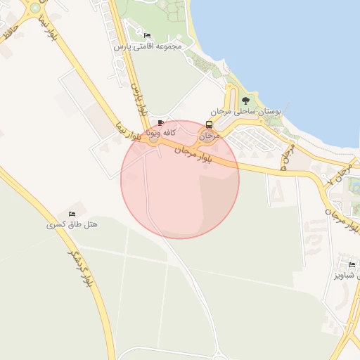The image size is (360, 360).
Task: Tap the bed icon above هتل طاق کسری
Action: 72,214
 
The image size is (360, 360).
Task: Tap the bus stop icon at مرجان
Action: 209,124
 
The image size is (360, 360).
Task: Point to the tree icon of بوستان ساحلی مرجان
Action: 244,102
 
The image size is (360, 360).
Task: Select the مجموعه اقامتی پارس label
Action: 148,46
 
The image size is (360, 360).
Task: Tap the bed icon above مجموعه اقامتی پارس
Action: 147,35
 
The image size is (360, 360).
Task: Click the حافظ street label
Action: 9,32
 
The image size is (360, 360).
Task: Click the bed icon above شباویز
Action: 352,264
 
